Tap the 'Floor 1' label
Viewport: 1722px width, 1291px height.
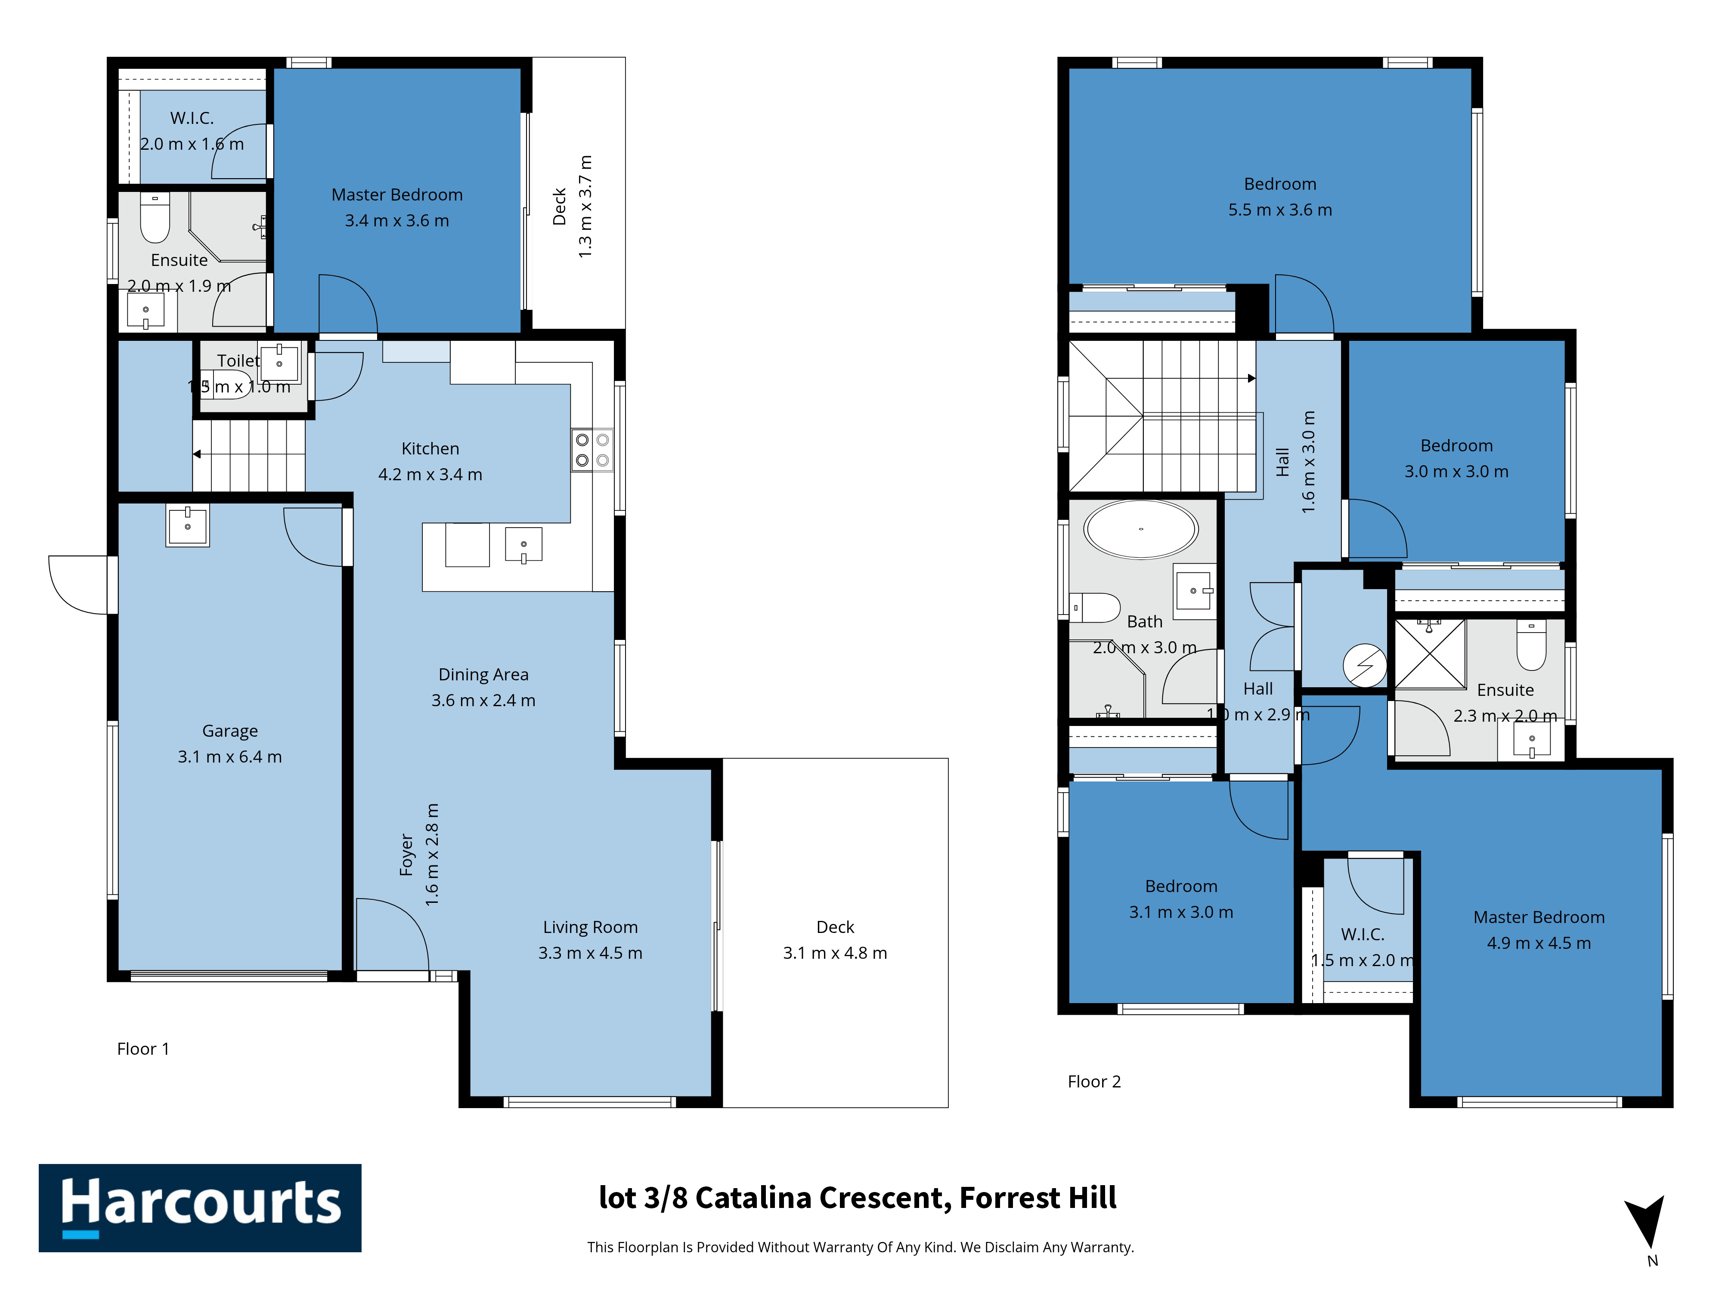click(x=143, y=1049)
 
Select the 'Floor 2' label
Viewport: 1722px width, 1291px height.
click(x=1094, y=1082)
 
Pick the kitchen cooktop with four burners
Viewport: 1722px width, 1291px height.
click(x=592, y=450)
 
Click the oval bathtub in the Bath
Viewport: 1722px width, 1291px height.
click(x=1141, y=529)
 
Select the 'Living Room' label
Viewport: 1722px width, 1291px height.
click(x=590, y=927)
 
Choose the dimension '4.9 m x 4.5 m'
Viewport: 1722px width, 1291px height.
click(x=1539, y=943)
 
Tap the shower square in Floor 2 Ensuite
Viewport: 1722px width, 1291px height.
click(x=1430, y=654)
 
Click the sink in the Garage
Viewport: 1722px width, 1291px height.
click(x=188, y=525)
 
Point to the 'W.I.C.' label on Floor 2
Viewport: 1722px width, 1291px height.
click(x=1363, y=935)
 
